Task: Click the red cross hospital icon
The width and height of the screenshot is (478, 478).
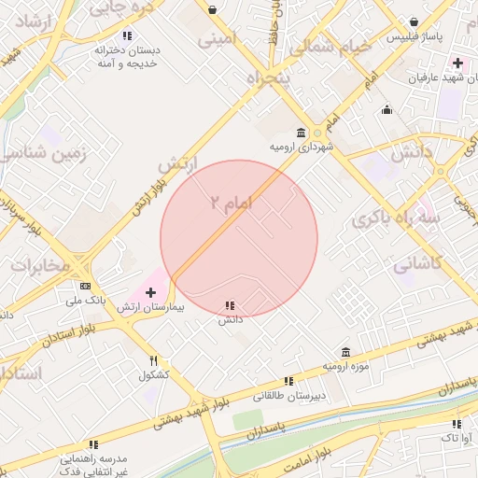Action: tap(151, 293)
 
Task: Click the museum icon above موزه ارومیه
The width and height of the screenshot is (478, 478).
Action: tap(345, 353)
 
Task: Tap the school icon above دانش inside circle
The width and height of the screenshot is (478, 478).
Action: tap(230, 305)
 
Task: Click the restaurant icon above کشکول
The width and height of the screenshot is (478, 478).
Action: tap(153, 361)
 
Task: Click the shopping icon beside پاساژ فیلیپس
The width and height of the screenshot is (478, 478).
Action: tap(414, 21)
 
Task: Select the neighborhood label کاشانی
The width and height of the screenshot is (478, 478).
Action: tap(417, 264)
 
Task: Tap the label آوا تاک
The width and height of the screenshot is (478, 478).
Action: tap(456, 437)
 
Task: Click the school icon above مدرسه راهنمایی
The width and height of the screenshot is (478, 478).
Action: tap(92, 445)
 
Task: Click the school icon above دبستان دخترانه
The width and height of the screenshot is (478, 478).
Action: tap(127, 36)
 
